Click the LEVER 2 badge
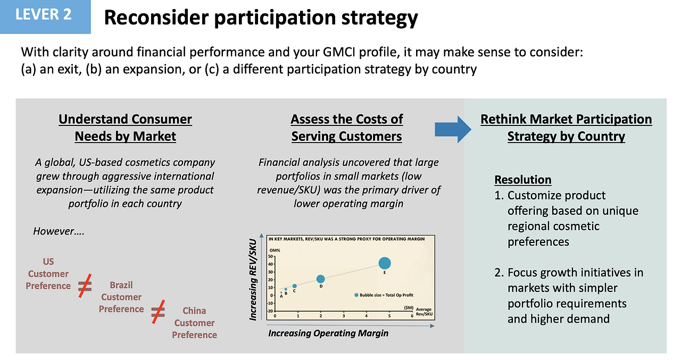pyautogui.click(x=44, y=15)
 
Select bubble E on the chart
pyautogui.click(x=385, y=263)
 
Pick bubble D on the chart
pyautogui.click(x=320, y=279)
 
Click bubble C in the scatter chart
pyautogui.click(x=294, y=286)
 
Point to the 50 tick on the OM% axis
pyautogui.click(x=271, y=256)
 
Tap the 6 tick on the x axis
pyautogui.click(x=412, y=316)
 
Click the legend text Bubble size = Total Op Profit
pyautogui.click(x=386, y=295)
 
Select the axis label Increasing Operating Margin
pyautogui.click(x=328, y=333)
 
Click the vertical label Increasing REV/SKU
pyautogui.click(x=254, y=280)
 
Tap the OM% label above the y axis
pyautogui.click(x=275, y=250)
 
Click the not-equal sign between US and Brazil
pyautogui.click(x=85, y=285)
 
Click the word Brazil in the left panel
pyautogui.click(x=121, y=285)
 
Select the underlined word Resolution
pyautogui.click(x=522, y=180)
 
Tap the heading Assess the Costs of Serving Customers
pyautogui.click(x=346, y=128)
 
